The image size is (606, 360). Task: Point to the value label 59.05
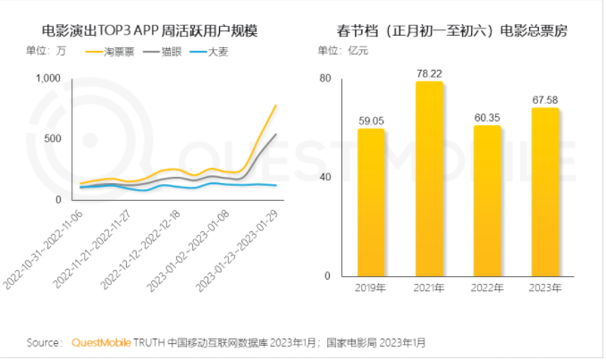pos(371,120)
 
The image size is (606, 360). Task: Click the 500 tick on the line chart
pos(51,138)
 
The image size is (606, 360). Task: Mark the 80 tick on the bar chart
pos(325,79)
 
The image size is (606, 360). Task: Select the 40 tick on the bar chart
pos(325,177)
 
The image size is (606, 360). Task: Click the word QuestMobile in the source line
pos(100,342)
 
